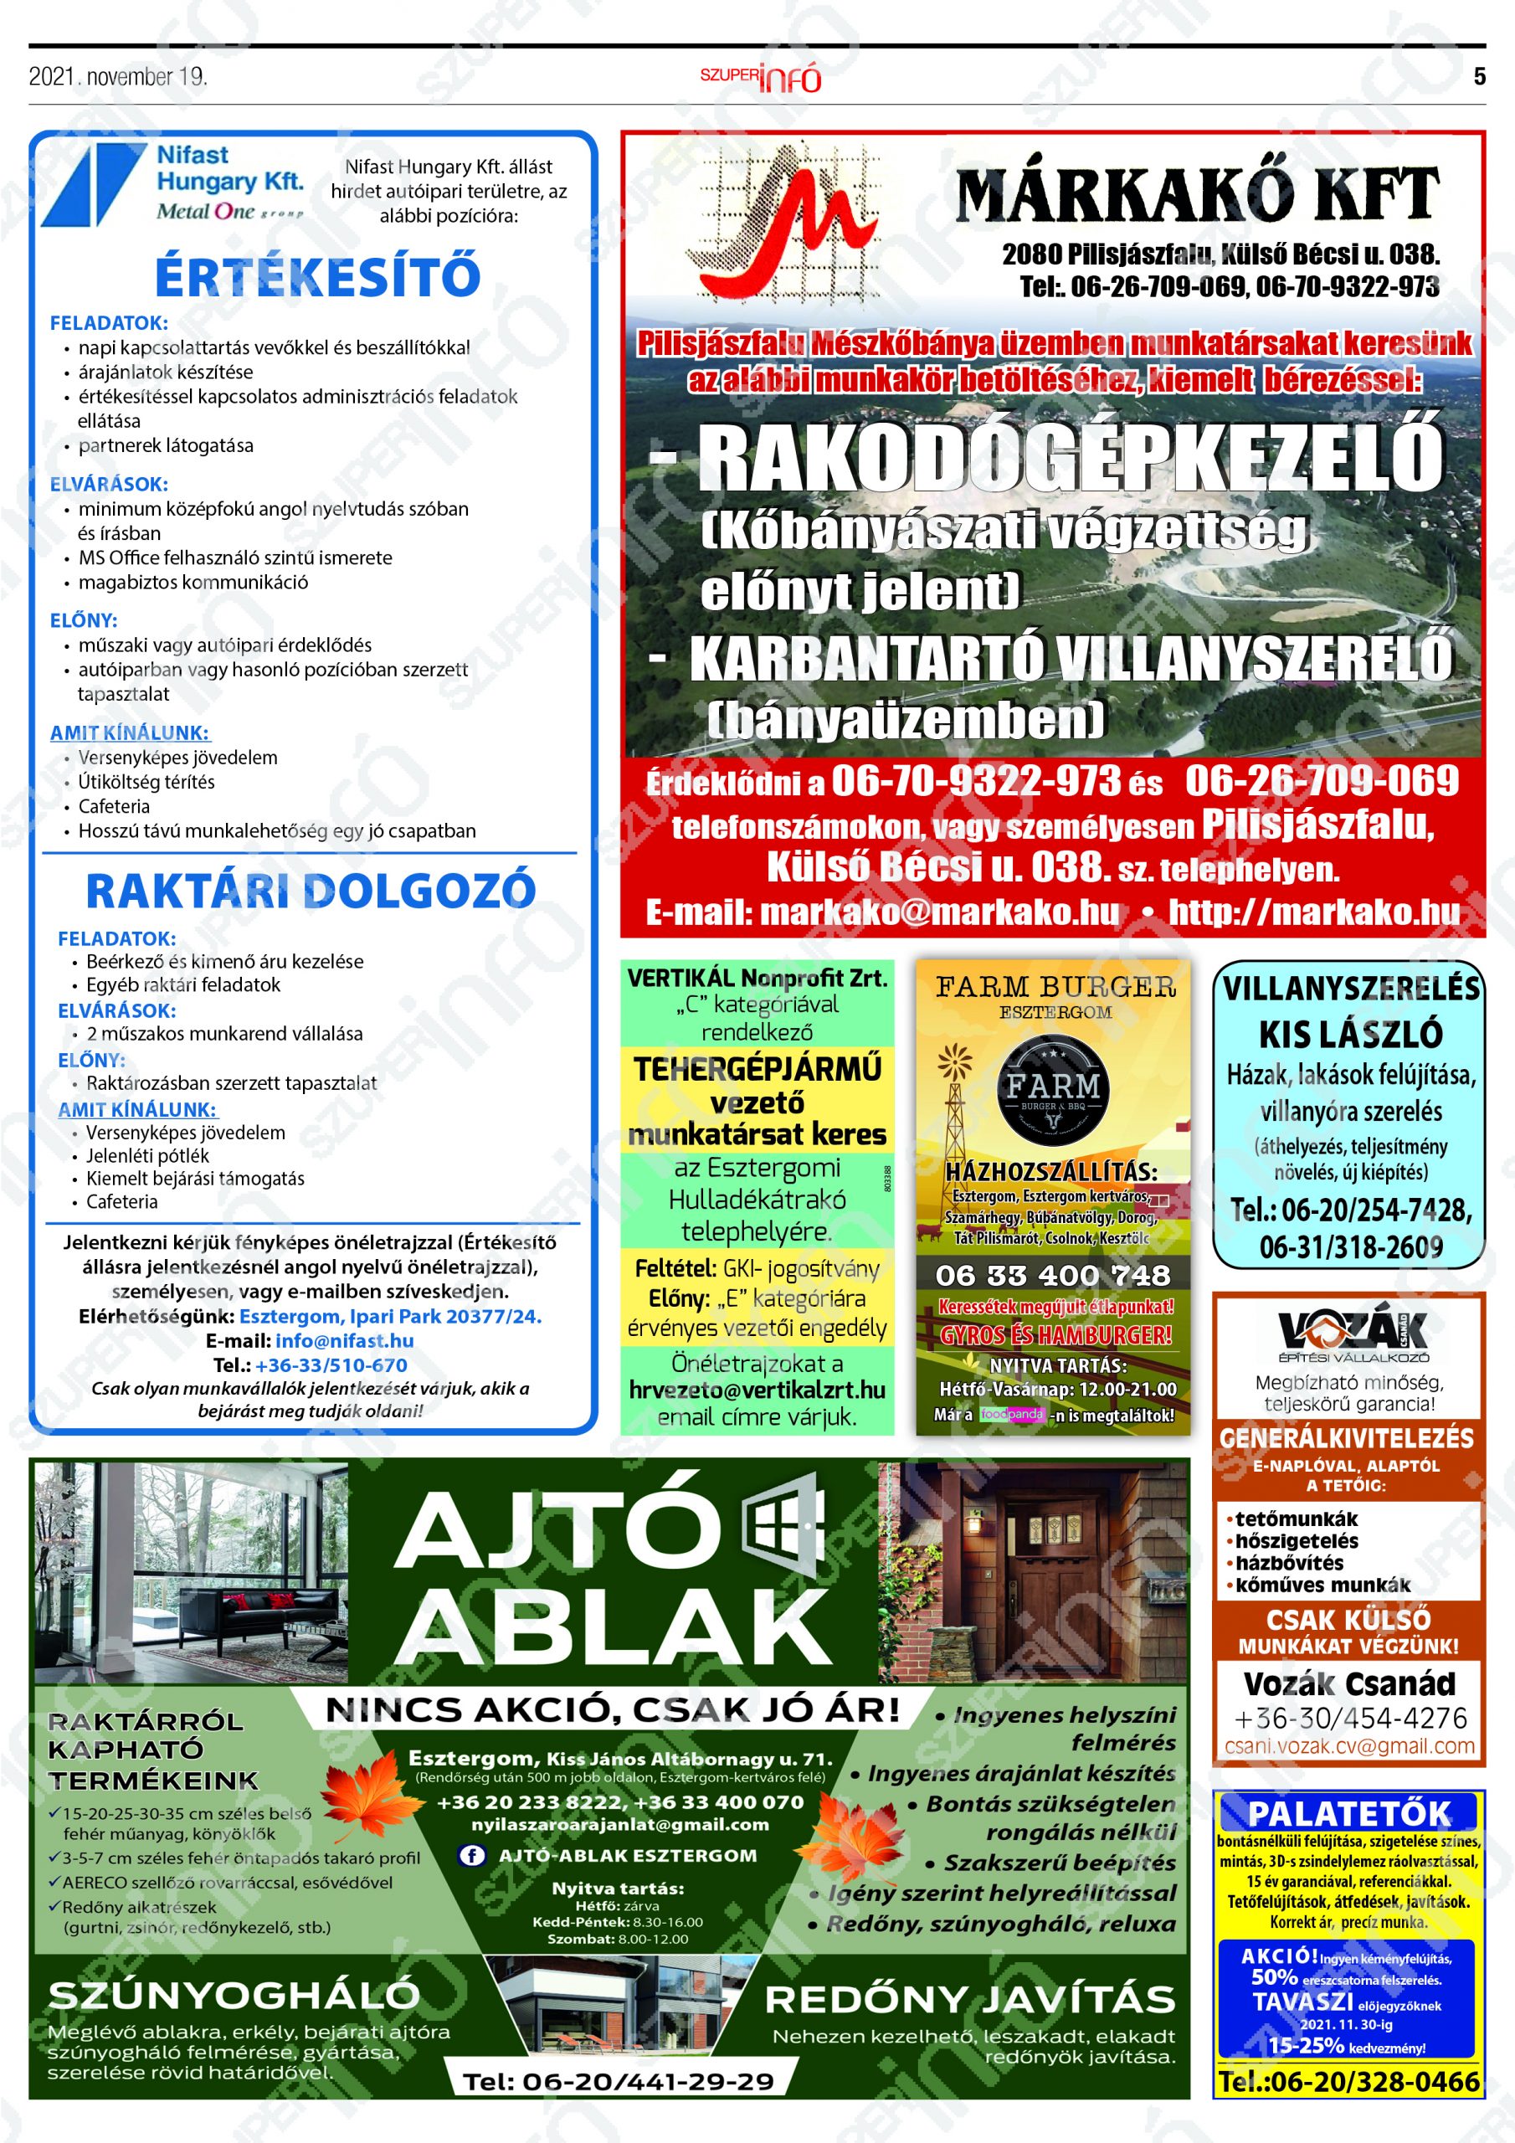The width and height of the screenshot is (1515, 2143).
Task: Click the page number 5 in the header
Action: [1479, 76]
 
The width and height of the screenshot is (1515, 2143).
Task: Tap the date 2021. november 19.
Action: [118, 76]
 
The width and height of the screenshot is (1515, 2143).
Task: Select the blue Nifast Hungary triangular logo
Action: [90, 185]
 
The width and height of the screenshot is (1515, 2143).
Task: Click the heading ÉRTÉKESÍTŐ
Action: [317, 276]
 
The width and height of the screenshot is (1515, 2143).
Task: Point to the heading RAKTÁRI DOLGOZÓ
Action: [311, 892]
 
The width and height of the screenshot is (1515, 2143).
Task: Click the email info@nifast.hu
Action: [345, 1340]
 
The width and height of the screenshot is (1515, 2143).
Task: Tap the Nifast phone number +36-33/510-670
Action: [331, 1364]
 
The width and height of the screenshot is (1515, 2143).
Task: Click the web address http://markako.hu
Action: [1314, 912]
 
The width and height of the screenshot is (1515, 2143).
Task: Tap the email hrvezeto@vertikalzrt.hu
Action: [757, 1390]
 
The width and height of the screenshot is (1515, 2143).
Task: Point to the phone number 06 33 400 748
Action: [1052, 1275]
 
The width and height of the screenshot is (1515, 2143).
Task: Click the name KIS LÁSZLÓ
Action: [1350, 1034]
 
